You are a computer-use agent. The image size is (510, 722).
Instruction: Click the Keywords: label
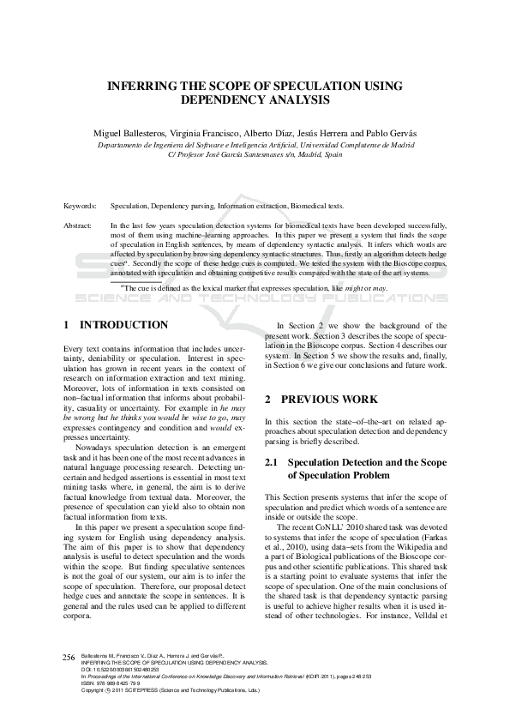[79, 207]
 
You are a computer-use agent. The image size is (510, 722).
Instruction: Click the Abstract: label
[78, 226]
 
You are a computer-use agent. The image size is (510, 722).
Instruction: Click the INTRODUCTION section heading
[123, 326]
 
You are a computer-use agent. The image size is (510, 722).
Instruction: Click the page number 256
[69, 657]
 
